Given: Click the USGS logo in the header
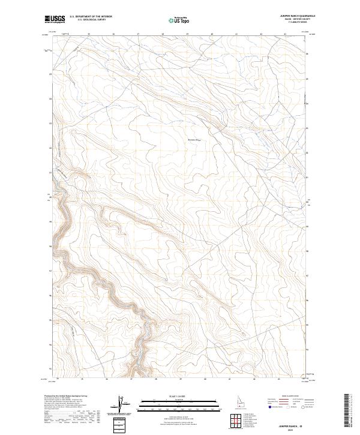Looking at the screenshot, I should [x=55, y=20].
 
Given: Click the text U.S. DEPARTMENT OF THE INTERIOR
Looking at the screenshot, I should [x=91, y=17].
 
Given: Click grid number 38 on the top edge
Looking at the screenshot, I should [x=163, y=34].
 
